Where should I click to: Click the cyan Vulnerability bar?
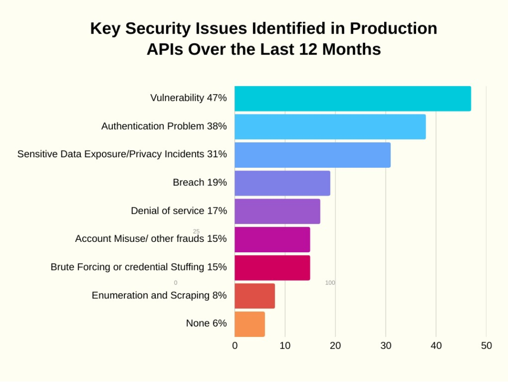pyautogui.click(x=352, y=99)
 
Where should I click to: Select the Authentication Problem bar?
pyautogui.click(x=330, y=127)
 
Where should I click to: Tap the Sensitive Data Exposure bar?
pyautogui.click(x=312, y=155)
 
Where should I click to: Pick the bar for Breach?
pyautogui.click(x=282, y=183)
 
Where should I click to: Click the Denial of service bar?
pyautogui.click(x=277, y=211)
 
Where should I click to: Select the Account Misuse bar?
pyautogui.click(x=272, y=239)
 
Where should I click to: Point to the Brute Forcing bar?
pyautogui.click(x=272, y=267)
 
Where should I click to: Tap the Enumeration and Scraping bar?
pyautogui.click(x=255, y=296)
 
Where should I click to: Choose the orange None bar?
pyautogui.click(x=249, y=324)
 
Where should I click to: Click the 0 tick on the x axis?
pyautogui.click(x=235, y=346)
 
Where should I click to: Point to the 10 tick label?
pyautogui.click(x=285, y=346)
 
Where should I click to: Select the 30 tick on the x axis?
pyautogui.click(x=386, y=346)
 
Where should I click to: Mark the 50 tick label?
pyautogui.click(x=486, y=346)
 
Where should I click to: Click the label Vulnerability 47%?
pyautogui.click(x=189, y=98)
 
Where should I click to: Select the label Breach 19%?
pyautogui.click(x=200, y=182)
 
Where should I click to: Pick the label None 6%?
pyautogui.click(x=206, y=324)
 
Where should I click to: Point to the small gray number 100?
pyautogui.click(x=330, y=283)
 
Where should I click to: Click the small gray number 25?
pyautogui.click(x=196, y=231)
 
